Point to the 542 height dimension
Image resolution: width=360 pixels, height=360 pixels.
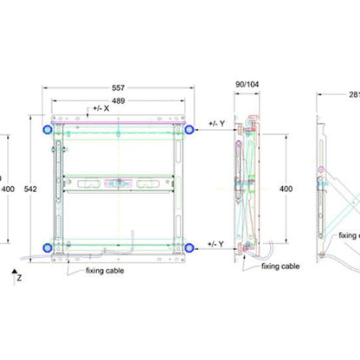click(30, 188)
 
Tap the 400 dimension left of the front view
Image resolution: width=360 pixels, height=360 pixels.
click(7, 188)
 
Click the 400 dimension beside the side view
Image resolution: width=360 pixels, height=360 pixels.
click(286, 188)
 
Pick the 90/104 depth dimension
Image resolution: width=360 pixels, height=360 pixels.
click(247, 84)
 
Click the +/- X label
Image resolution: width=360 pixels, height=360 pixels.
click(99, 109)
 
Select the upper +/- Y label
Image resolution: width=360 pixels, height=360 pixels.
click(216, 125)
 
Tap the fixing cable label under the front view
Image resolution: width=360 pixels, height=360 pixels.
click(104, 271)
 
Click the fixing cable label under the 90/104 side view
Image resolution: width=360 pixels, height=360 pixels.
click(280, 267)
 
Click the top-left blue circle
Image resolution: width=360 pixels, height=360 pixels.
click(46, 129)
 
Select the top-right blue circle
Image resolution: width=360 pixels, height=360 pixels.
click(187, 129)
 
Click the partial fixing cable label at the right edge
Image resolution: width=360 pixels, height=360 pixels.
click(349, 235)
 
